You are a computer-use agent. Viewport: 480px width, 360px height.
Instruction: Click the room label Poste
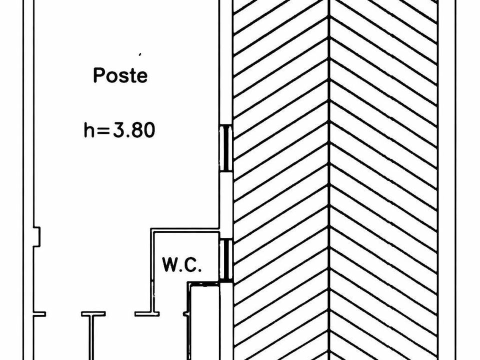pos(120,75)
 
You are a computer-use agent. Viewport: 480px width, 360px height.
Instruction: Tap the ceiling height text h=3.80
pos(119,130)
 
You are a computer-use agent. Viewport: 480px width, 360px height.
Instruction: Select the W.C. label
pos(182,265)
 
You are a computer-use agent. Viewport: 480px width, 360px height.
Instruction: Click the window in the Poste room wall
pos(226,148)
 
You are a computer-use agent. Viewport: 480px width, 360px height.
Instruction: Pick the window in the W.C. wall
pos(226,260)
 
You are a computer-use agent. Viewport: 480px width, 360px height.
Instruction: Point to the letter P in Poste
pos(98,75)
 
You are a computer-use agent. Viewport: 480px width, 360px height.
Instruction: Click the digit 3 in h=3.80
pos(119,130)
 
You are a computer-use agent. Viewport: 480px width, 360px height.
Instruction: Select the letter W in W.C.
pos(170,265)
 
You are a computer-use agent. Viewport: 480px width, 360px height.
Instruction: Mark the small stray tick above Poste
pos(140,54)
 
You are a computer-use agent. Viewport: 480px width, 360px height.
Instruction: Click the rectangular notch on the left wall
pos(36,236)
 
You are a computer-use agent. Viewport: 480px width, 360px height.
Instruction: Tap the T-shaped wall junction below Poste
pos(93,314)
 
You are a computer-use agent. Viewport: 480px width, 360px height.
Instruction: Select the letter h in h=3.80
pos(89,130)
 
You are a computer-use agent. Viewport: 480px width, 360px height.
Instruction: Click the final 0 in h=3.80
pos(149,130)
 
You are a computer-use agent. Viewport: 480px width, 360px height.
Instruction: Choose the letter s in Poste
pos(123,77)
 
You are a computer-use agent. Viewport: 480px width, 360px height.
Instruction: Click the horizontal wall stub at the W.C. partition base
pos(147,314)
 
